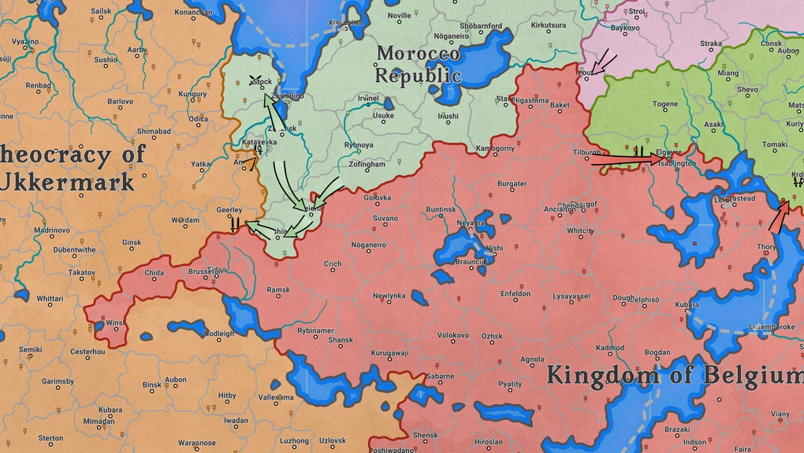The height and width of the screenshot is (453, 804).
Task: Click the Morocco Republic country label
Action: [x=418, y=65]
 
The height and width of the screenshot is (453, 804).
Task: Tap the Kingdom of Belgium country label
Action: [x=675, y=374]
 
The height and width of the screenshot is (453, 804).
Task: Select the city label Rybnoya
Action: [x=359, y=145]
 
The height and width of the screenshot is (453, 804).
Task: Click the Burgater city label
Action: [x=512, y=184]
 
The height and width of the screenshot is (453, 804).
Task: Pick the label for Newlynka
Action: [x=389, y=295]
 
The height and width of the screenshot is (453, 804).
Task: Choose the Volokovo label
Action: [x=453, y=335]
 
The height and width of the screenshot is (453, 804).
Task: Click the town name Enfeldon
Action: [x=516, y=294]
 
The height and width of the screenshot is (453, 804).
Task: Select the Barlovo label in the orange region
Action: [x=121, y=102]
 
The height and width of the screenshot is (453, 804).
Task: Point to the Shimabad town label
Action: [x=153, y=132]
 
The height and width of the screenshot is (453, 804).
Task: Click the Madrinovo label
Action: [x=51, y=230]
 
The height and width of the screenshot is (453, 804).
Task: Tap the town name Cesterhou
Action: [x=87, y=351]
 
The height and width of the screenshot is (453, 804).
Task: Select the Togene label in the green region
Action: [x=664, y=104]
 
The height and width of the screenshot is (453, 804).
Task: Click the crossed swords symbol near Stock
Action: [x=255, y=79]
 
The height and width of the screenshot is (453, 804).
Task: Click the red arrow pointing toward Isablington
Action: [x=627, y=160]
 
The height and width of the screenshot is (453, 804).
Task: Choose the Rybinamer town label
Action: [x=315, y=331]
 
